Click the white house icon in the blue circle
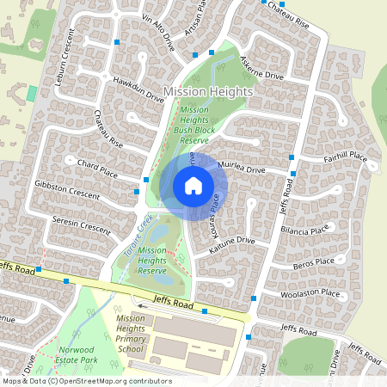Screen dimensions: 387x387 pos(193,185)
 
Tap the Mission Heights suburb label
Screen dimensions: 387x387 pos(208,91)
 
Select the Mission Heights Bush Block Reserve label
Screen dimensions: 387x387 pos(194,124)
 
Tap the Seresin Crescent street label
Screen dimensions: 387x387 pos(82,225)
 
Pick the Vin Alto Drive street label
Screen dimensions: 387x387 pos(158,34)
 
